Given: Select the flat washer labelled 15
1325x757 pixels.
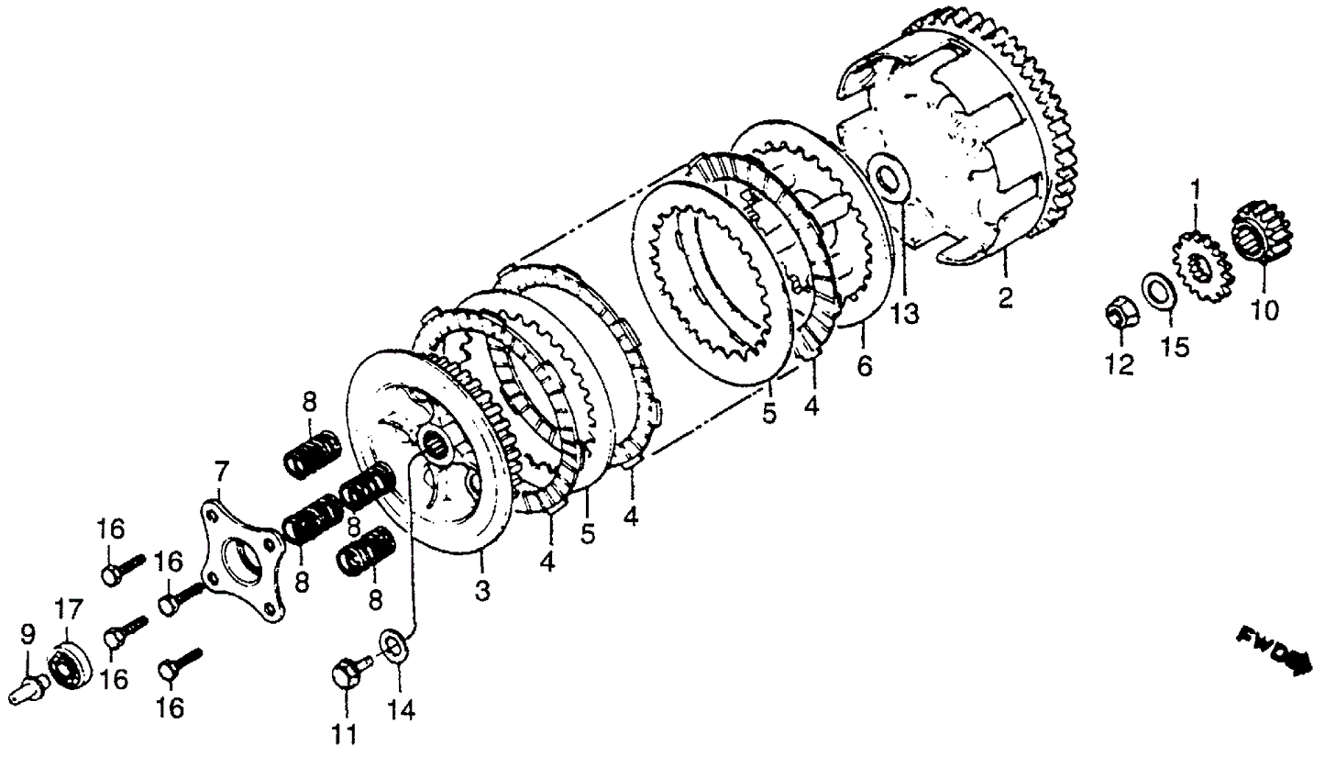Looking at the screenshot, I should [x=1160, y=291].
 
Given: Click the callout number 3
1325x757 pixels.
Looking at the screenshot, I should [x=482, y=591].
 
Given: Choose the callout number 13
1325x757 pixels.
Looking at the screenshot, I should [x=904, y=314].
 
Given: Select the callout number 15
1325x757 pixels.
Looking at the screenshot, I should [x=1175, y=347].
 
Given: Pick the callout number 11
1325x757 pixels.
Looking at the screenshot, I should [x=347, y=734].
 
